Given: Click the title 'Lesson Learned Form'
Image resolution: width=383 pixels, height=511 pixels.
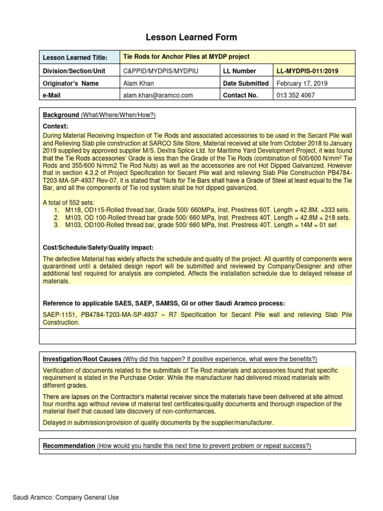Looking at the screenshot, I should tap(191, 37).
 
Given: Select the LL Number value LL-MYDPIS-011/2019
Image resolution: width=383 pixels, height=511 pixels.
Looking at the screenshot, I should tap(307, 71).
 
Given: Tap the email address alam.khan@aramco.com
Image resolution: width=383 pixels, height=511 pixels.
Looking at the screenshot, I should tap(158, 95).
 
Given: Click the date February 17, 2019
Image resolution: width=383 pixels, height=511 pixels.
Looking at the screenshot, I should tap(302, 83).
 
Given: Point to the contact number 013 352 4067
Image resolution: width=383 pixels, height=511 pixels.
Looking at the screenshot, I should tap(295, 95).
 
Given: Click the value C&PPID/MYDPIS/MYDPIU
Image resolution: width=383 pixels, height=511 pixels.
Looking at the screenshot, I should tap(161, 71).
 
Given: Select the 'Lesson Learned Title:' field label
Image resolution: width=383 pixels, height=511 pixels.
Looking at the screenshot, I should tap(75, 58).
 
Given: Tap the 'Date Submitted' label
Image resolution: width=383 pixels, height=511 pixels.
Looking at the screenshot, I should tap(246, 83).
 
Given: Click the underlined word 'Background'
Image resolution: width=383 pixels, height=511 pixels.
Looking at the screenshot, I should tap(61, 115).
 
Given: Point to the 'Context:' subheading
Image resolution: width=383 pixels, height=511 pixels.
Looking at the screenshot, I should tap(55, 126).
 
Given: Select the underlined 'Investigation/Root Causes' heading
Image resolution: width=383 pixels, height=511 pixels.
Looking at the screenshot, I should tap(82, 359).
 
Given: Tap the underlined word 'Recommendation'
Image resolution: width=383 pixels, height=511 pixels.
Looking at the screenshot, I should tap(69, 446).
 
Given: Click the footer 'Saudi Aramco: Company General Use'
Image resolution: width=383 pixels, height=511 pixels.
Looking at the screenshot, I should tap(66, 497).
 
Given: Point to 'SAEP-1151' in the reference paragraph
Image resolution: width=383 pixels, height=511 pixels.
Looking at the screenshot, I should tap(59, 315).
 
